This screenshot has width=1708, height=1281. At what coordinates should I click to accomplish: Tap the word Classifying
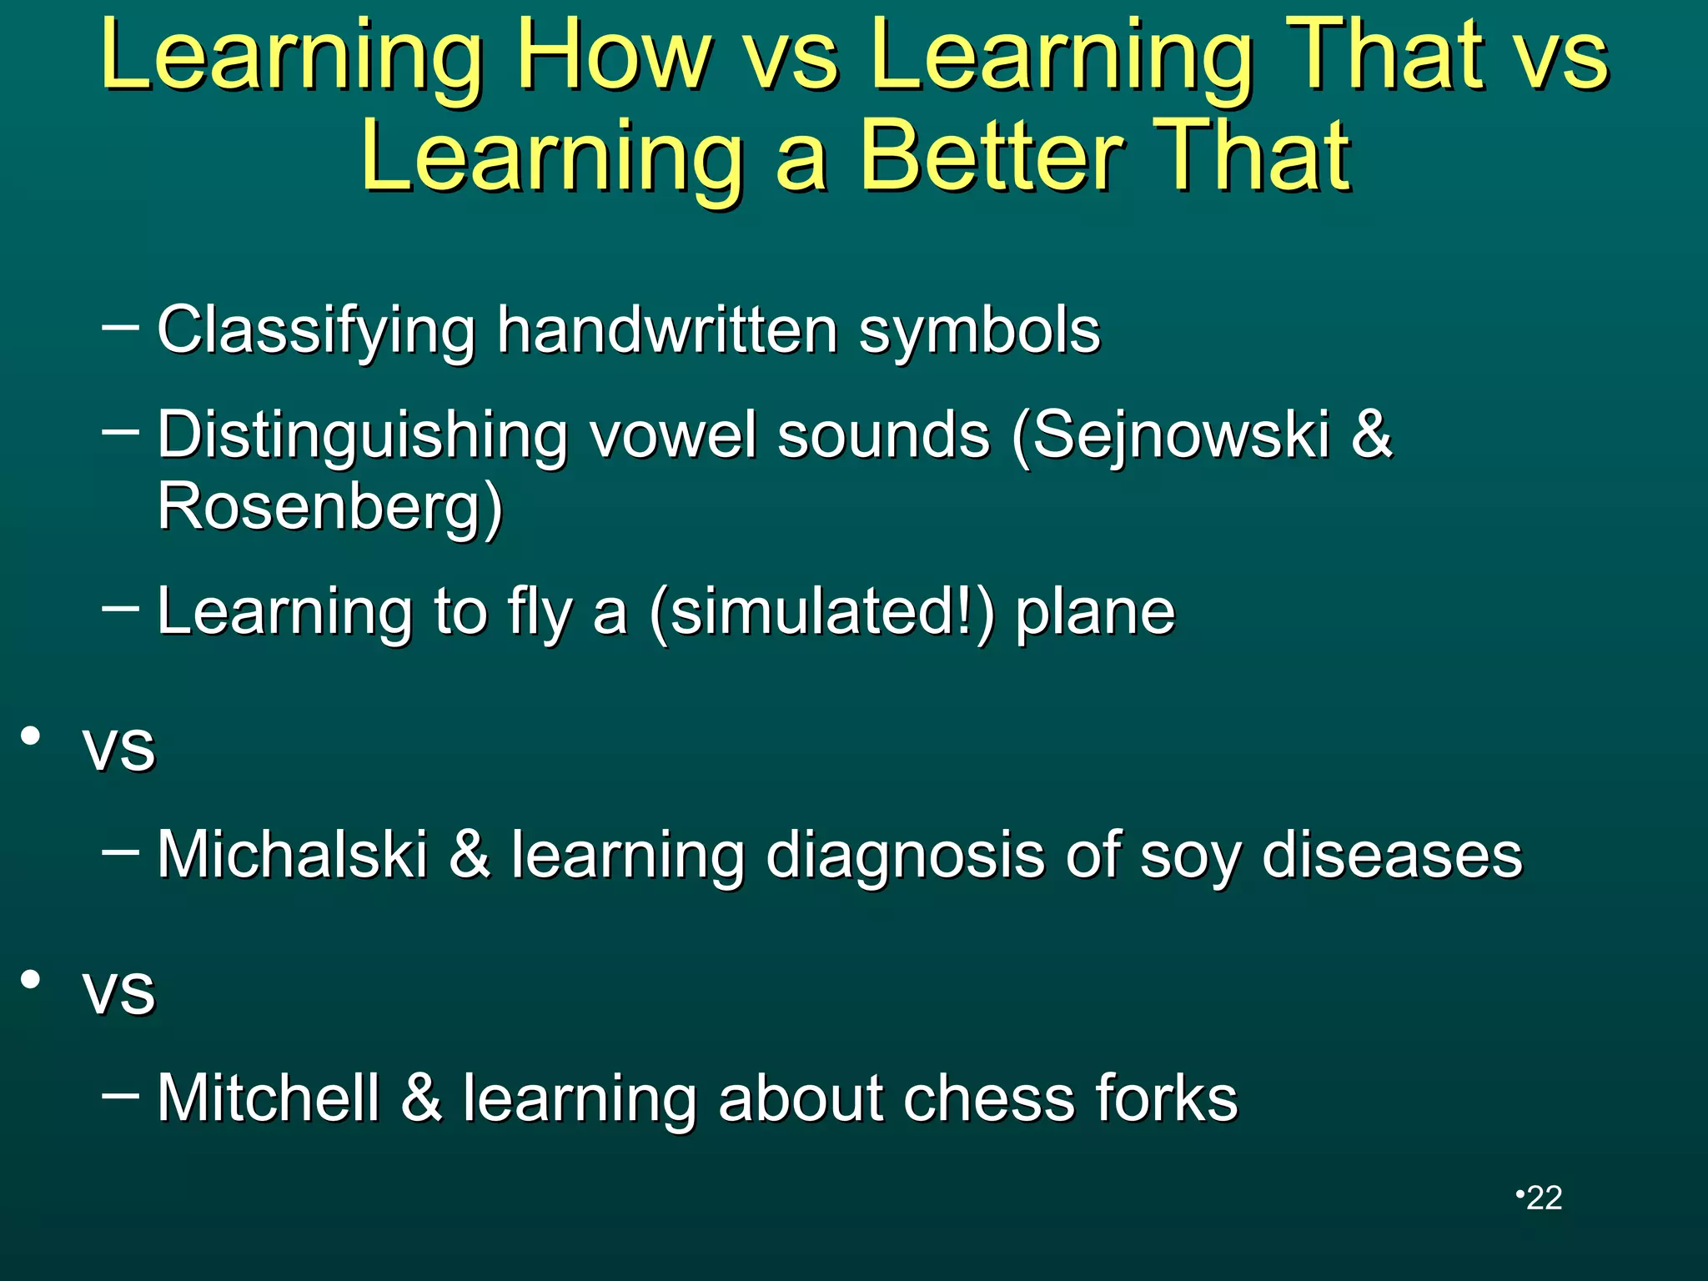click(x=316, y=331)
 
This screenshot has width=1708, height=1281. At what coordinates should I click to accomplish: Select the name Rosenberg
click(x=330, y=507)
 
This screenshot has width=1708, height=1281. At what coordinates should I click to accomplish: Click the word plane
click(x=1095, y=613)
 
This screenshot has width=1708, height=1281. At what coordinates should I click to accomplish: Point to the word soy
click(x=1190, y=857)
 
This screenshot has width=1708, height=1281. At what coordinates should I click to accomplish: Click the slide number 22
click(x=1544, y=1198)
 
